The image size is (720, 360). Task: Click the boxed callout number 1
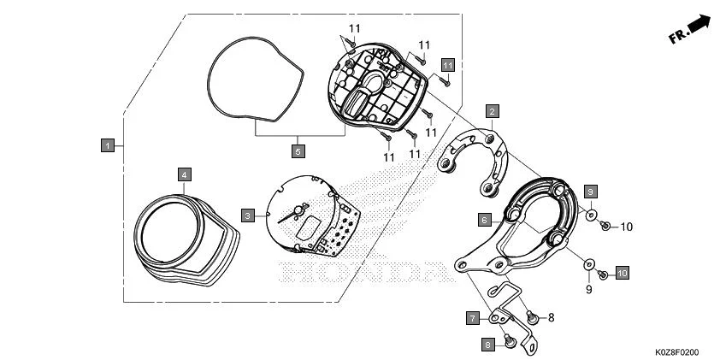tap(107, 146)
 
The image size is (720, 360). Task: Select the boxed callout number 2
tap(493, 111)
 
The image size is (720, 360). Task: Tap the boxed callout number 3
tap(247, 215)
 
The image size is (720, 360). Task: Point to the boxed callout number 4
tap(183, 174)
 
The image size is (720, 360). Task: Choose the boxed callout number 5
tap(298, 151)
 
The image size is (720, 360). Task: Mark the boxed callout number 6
tap(484, 220)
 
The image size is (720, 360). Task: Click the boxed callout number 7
tap(472, 318)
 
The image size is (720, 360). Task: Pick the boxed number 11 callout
tap(447, 64)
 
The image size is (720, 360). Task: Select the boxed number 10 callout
tap(622, 273)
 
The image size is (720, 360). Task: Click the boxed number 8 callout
tap(488, 345)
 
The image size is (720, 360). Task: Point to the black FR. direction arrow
tap(699, 25)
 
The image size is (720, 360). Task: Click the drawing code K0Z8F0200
tap(677, 351)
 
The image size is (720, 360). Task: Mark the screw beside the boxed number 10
tap(602, 274)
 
